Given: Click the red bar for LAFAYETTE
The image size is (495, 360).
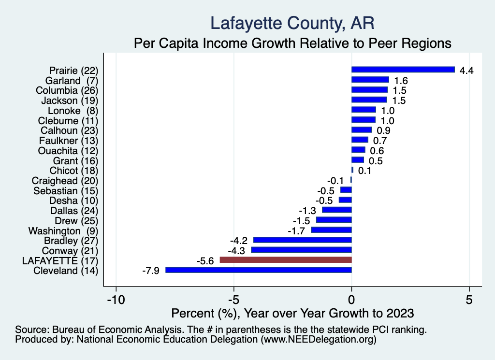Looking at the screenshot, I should tap(286, 260).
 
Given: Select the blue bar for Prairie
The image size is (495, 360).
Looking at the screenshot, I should tap(403, 70).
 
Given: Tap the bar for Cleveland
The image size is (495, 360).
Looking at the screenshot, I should tap(259, 270).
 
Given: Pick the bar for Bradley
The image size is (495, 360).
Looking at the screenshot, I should tap(303, 240).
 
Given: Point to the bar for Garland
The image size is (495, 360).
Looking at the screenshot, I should tap(370, 80).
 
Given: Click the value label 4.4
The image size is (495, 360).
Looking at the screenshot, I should tap(466, 71).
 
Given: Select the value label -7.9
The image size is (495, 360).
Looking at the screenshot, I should tap(150, 271).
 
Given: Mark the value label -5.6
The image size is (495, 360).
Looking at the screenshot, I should tap(205, 260).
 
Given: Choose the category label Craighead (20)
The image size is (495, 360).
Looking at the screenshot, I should tap(65, 181).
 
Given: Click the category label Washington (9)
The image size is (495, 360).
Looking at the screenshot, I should tap(63, 231).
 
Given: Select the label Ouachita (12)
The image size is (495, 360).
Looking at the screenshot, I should tap(68, 151).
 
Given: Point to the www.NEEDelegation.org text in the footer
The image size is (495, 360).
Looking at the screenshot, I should tap(319, 340).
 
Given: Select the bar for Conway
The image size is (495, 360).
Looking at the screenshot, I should tap(301, 250).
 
